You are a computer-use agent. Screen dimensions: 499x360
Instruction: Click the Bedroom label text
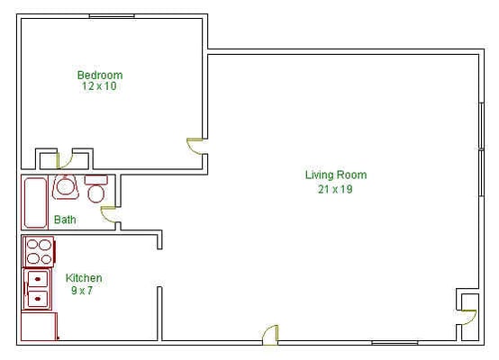click(x=100, y=75)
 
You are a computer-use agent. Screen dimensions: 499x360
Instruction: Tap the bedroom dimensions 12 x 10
click(x=99, y=86)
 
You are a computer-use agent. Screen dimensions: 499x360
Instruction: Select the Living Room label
click(x=336, y=175)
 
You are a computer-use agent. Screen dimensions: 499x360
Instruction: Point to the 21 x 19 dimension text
click(x=335, y=189)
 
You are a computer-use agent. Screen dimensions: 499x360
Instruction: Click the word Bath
click(x=65, y=220)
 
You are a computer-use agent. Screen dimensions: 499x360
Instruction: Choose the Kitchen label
click(x=84, y=278)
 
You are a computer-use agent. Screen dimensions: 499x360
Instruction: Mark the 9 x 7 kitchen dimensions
click(x=82, y=291)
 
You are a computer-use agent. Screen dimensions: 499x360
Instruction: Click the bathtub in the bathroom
click(x=35, y=202)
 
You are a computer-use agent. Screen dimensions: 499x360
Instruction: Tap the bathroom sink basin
click(x=65, y=187)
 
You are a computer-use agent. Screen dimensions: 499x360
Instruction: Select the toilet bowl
click(x=96, y=193)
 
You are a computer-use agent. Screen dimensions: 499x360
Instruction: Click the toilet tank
click(x=95, y=180)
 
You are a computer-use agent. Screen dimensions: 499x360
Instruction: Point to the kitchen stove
click(x=39, y=252)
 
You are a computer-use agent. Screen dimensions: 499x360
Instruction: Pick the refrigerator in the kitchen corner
click(x=39, y=327)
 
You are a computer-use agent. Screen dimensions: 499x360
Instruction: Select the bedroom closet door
click(x=65, y=160)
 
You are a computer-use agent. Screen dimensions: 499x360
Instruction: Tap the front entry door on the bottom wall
click(x=271, y=334)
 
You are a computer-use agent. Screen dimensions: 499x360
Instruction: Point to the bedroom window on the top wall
click(x=112, y=16)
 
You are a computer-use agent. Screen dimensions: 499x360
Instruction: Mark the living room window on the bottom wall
click(x=395, y=343)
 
